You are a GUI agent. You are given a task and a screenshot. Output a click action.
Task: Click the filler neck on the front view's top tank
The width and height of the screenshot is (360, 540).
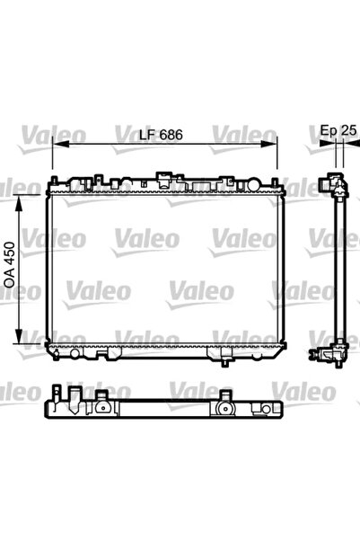click(x=164, y=179)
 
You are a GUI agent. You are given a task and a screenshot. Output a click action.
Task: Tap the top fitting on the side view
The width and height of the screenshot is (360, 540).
click(x=338, y=186)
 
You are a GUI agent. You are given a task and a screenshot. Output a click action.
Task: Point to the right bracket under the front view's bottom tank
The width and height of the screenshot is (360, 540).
click(x=217, y=353)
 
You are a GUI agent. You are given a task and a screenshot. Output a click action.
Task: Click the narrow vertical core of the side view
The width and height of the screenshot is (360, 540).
click(x=338, y=270)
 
